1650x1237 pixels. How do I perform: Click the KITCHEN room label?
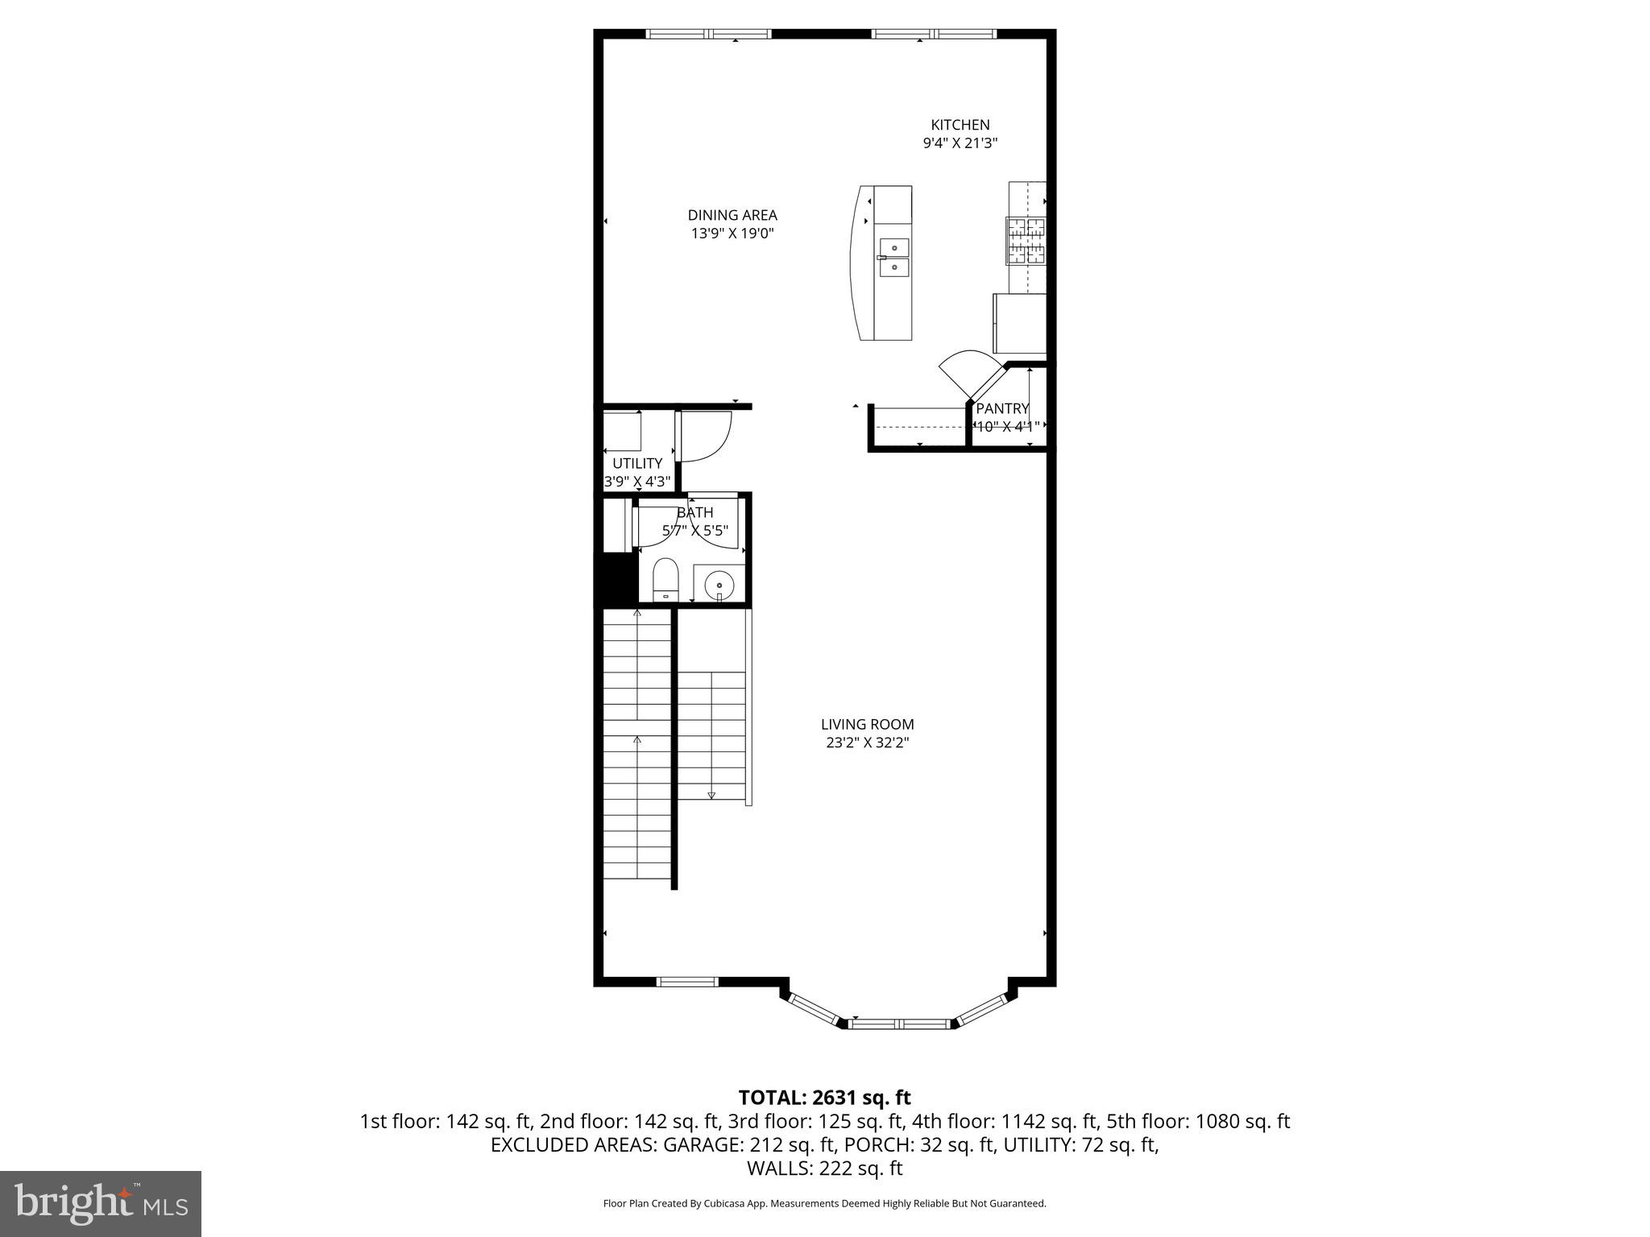(x=960, y=125)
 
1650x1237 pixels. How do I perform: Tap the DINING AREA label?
(x=732, y=215)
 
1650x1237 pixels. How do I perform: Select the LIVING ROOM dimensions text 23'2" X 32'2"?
(x=867, y=743)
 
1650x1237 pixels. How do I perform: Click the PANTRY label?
(x=1002, y=408)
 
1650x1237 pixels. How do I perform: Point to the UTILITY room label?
(x=636, y=463)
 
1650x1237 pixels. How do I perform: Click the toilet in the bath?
(x=665, y=578)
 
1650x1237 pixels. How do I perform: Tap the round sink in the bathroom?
(x=719, y=585)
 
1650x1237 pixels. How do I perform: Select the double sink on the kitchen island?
(x=893, y=257)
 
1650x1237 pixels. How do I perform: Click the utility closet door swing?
(x=705, y=436)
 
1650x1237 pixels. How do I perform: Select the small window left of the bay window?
(x=686, y=981)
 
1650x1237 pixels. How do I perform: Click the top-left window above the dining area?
(x=708, y=34)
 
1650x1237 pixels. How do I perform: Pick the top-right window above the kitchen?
(x=934, y=34)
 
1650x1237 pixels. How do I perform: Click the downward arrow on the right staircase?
(x=711, y=794)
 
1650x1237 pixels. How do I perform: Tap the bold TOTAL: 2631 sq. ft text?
(x=824, y=1098)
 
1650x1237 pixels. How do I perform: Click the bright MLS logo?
(x=101, y=1203)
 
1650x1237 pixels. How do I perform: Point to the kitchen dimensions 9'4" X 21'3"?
(x=960, y=143)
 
